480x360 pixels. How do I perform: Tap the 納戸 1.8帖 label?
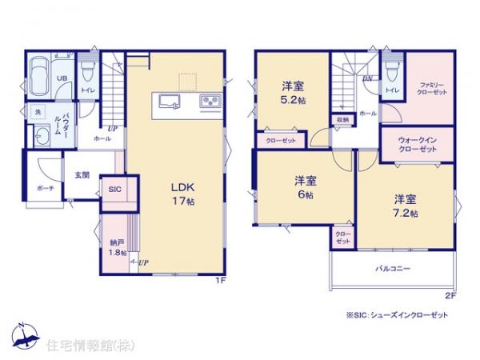[117, 246]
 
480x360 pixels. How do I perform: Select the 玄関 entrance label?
[82, 175]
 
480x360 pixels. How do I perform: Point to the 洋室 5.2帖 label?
[292, 94]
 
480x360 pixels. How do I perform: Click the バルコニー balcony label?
[392, 270]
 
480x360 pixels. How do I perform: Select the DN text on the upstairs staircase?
[366, 78]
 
